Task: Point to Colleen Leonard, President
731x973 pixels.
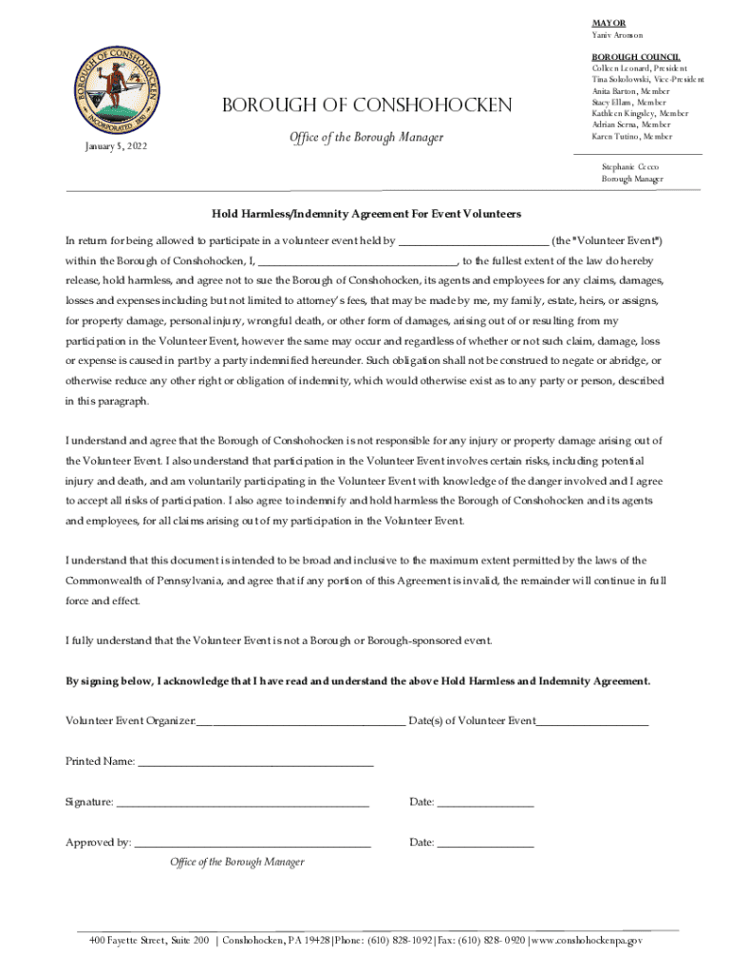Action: [x=635, y=69]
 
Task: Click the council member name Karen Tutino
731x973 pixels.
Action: [x=631, y=136]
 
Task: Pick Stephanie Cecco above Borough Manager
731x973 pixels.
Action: [x=630, y=166]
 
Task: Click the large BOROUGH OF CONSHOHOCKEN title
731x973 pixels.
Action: [x=366, y=105]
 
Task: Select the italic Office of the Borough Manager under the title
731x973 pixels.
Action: [x=365, y=138]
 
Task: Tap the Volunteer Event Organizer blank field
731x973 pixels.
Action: [x=300, y=722]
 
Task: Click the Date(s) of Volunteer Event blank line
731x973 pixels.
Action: [x=592, y=722]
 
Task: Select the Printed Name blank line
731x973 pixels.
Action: [x=255, y=763]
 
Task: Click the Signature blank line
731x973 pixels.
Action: [x=242, y=803]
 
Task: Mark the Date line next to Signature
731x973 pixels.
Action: [x=486, y=803]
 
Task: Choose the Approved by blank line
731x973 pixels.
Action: [x=253, y=843]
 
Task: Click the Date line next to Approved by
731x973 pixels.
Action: [x=486, y=843]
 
